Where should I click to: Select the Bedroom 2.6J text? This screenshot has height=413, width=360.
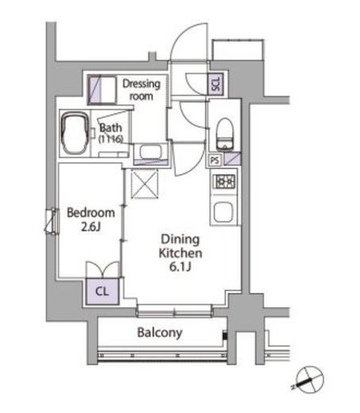[90, 219]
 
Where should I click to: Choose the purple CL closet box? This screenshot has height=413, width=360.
[101, 291]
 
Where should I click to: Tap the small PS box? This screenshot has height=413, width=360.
[214, 160]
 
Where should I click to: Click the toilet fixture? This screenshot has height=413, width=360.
[224, 133]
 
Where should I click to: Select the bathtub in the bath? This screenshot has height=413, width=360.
[76, 133]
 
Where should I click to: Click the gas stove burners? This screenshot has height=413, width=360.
[223, 182]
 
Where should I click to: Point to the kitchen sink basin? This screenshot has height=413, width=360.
[223, 213]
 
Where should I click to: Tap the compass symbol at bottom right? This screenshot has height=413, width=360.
[308, 380]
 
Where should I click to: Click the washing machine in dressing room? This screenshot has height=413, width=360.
[102, 87]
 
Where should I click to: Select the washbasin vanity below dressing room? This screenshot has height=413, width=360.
[151, 153]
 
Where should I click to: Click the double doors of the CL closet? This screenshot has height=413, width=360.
[101, 270]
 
